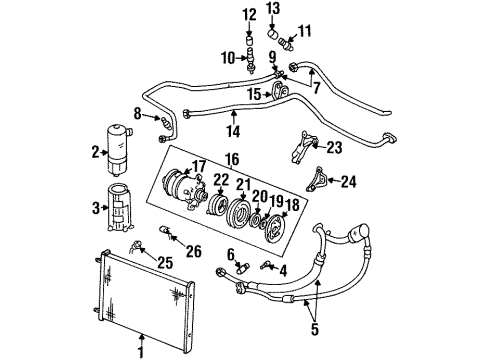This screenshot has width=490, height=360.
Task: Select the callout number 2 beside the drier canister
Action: (95, 152)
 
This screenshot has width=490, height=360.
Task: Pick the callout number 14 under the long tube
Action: (234, 129)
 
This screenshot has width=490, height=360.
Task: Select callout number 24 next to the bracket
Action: (348, 181)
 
